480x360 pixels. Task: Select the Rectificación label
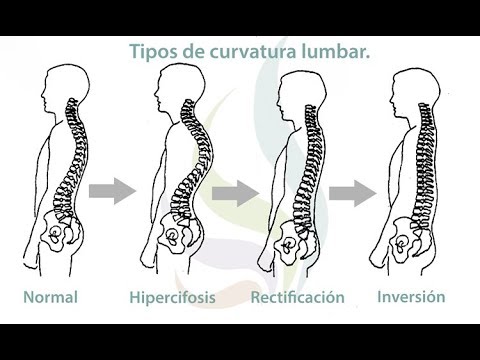(x=297, y=298)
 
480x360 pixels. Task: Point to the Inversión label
(x=411, y=297)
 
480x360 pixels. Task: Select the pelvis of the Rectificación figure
(x=290, y=239)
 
